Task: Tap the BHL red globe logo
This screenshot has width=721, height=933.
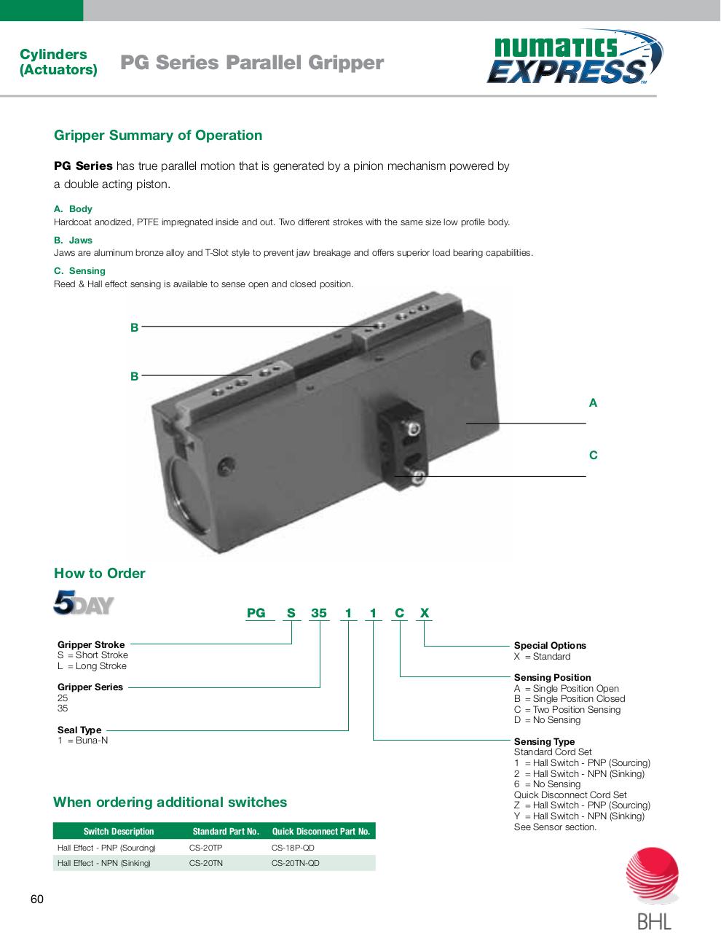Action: [x=653, y=875]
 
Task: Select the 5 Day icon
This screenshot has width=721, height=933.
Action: [x=84, y=603]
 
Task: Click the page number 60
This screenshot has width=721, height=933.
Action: [x=37, y=899]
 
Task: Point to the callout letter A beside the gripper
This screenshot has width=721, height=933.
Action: [x=593, y=402]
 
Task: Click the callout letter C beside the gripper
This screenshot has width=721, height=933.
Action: [x=593, y=456]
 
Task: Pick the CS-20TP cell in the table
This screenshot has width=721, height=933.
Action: [x=206, y=848]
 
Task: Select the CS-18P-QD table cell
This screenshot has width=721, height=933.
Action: [x=293, y=848]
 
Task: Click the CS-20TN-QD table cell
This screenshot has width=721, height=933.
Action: [x=295, y=863]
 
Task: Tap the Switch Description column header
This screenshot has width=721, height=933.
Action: [x=119, y=831]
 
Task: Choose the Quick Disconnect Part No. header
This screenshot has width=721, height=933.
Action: [x=320, y=831]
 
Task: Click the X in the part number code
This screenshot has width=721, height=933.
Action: [x=425, y=613]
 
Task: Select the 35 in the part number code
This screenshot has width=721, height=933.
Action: [x=319, y=613]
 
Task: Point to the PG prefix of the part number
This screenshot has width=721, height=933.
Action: [x=256, y=613]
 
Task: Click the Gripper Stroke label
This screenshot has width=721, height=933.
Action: [x=91, y=644]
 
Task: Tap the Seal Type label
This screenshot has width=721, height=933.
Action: [x=79, y=730]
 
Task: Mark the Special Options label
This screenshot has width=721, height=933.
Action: [x=550, y=645]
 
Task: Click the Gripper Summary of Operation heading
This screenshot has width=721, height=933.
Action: [x=158, y=136]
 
